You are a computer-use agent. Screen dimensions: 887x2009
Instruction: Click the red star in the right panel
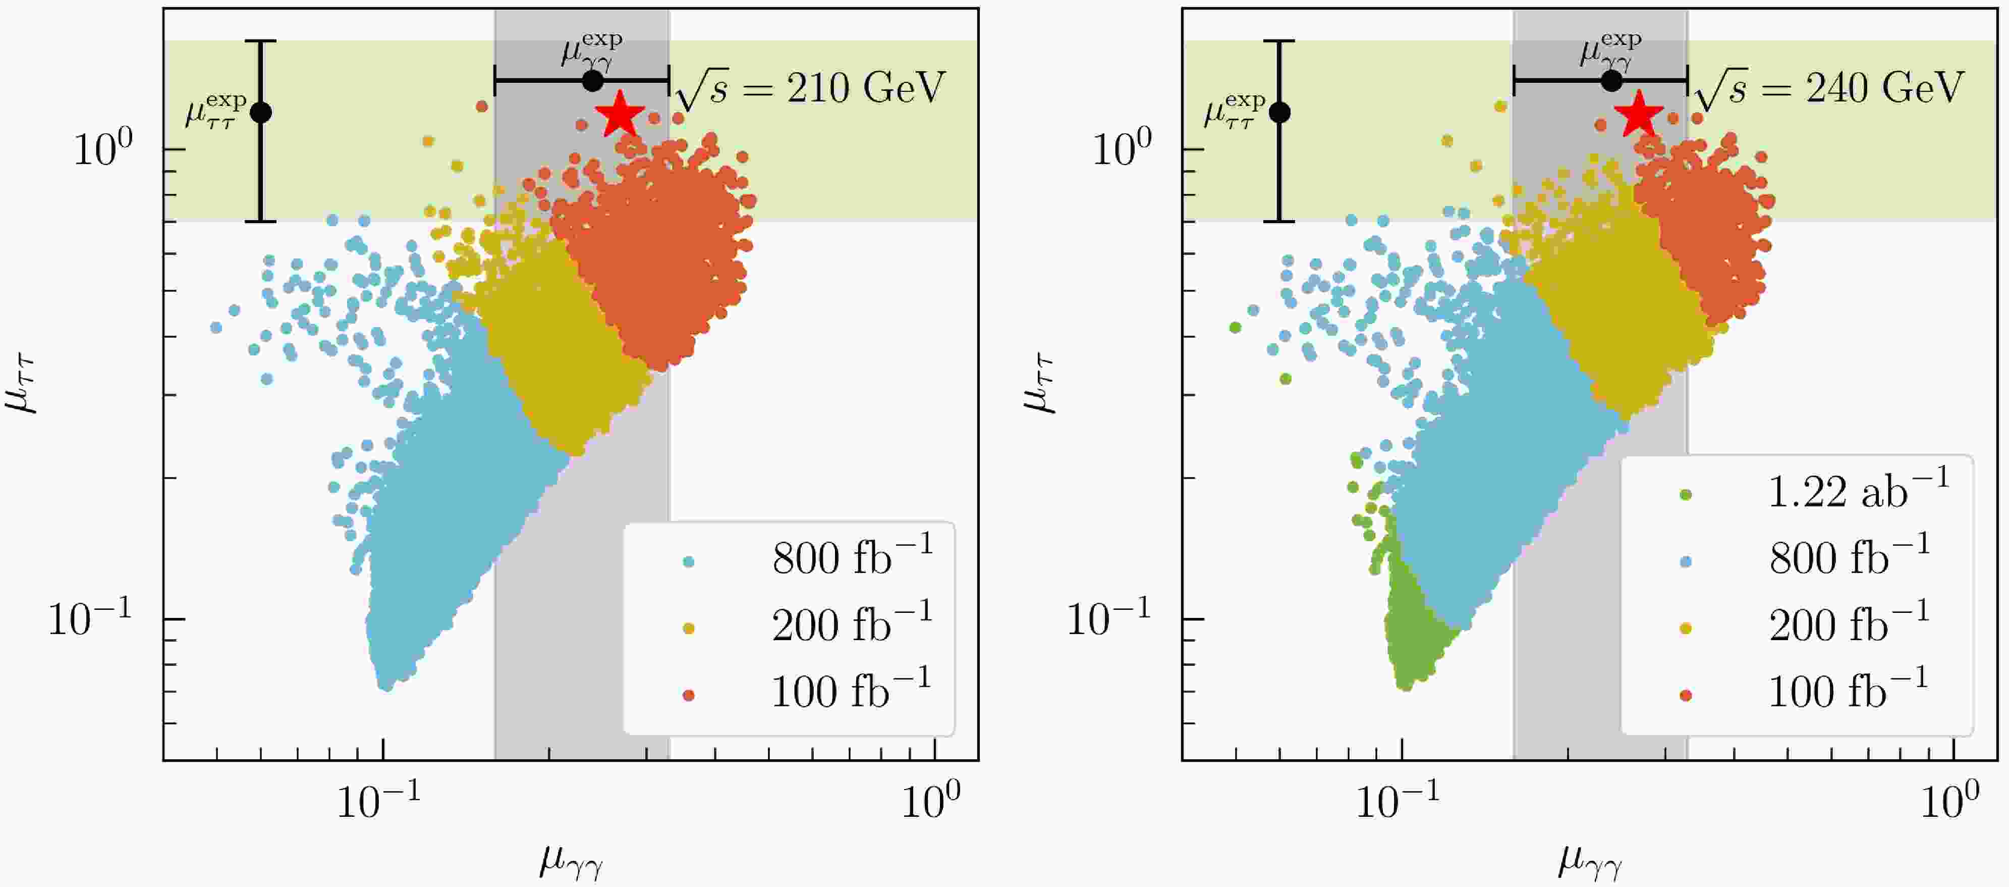pos(1639,114)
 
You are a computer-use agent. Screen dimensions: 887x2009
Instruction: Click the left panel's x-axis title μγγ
pos(571,863)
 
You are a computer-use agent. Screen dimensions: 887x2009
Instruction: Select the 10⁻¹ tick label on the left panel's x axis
pos(379,800)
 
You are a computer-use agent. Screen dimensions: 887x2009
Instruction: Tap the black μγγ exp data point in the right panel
pos(1611,80)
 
